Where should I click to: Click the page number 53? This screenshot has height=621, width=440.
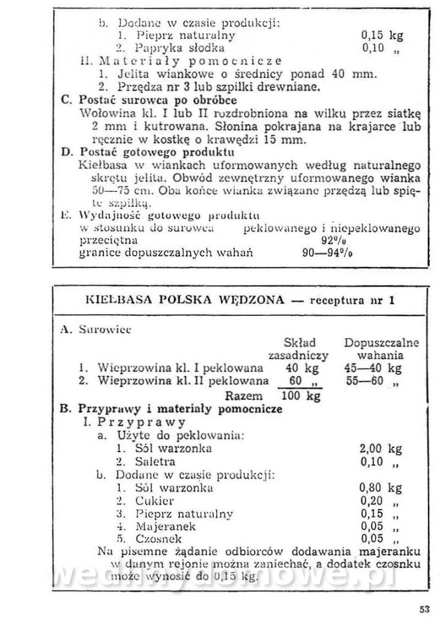pyautogui.click(x=424, y=609)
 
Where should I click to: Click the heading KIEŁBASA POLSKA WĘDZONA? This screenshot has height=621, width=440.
pyautogui.click(x=185, y=300)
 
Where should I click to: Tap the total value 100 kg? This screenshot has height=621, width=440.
pyautogui.click(x=301, y=395)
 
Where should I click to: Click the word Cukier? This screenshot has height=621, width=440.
pyautogui.click(x=155, y=501)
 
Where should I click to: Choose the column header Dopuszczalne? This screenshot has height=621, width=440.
pyautogui.click(x=381, y=343)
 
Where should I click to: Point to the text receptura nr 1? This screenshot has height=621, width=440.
pyautogui.click(x=353, y=300)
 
